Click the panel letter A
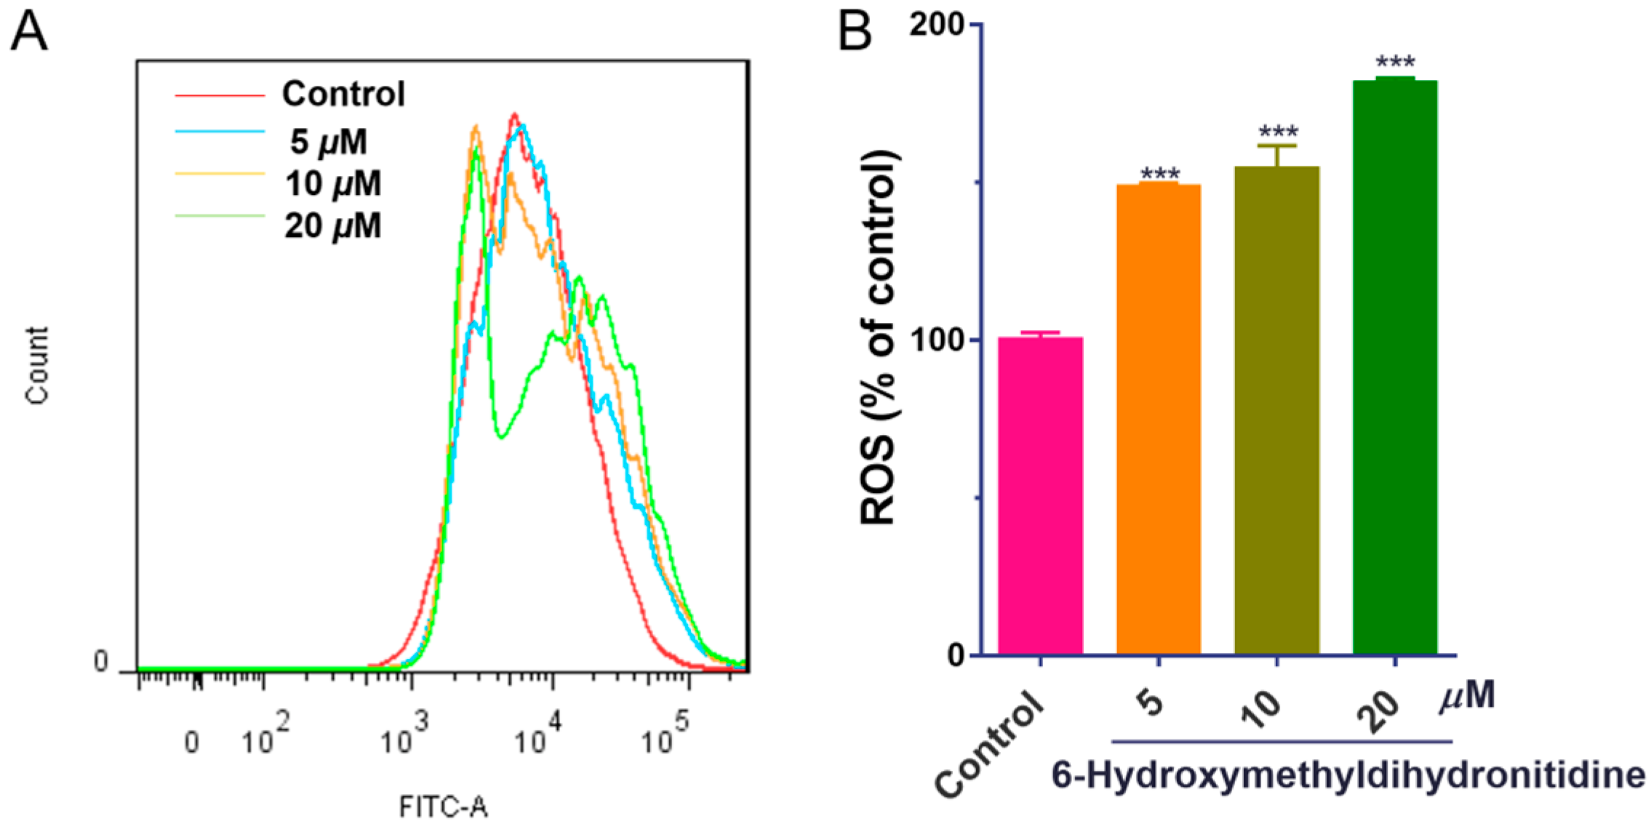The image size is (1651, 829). (29, 33)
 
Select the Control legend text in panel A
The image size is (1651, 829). (343, 94)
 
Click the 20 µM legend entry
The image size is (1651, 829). (332, 226)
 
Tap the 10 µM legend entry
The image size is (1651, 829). (332, 183)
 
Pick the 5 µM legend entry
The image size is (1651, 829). (329, 141)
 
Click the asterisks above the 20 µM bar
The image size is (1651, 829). (1395, 62)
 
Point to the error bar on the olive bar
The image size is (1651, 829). (1277, 155)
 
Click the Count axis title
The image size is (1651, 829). (36, 365)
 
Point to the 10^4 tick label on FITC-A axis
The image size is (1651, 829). (538, 734)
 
